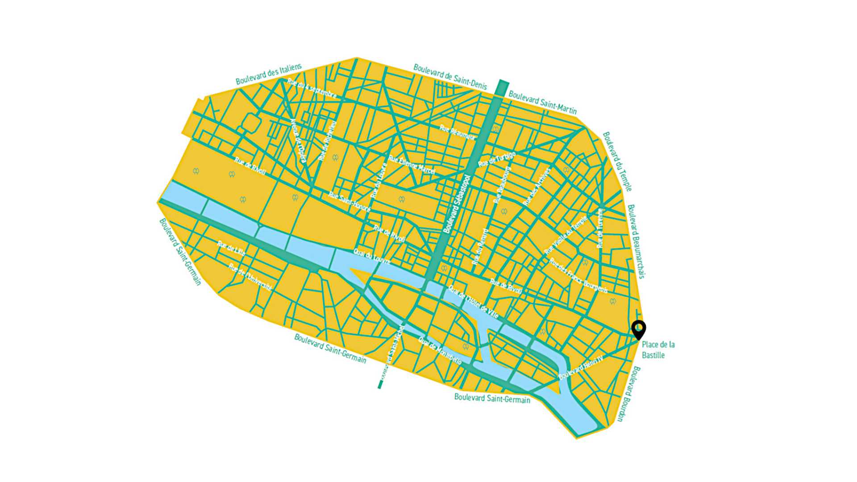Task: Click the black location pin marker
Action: (x=639, y=329)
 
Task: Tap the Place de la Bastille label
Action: (x=658, y=350)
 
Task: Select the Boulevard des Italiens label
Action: (x=269, y=74)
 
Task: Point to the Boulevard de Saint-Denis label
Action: (x=450, y=76)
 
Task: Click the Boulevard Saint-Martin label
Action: (x=542, y=103)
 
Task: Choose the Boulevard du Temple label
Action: (x=617, y=161)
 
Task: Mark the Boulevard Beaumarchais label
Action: (x=636, y=241)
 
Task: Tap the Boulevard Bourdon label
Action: (x=628, y=394)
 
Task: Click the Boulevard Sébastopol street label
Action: (x=457, y=204)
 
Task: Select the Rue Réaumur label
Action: (x=457, y=132)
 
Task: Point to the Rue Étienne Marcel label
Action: (x=412, y=165)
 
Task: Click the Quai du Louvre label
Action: (x=372, y=257)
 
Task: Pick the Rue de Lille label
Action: (x=231, y=248)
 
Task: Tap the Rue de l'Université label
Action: (x=250, y=277)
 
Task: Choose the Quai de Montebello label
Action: (x=440, y=350)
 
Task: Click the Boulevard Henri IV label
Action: (x=581, y=367)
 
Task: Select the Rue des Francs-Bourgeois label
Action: (x=578, y=276)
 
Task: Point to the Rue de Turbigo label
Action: (x=497, y=159)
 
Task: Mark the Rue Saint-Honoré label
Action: (x=349, y=202)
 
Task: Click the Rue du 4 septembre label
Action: (x=312, y=88)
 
